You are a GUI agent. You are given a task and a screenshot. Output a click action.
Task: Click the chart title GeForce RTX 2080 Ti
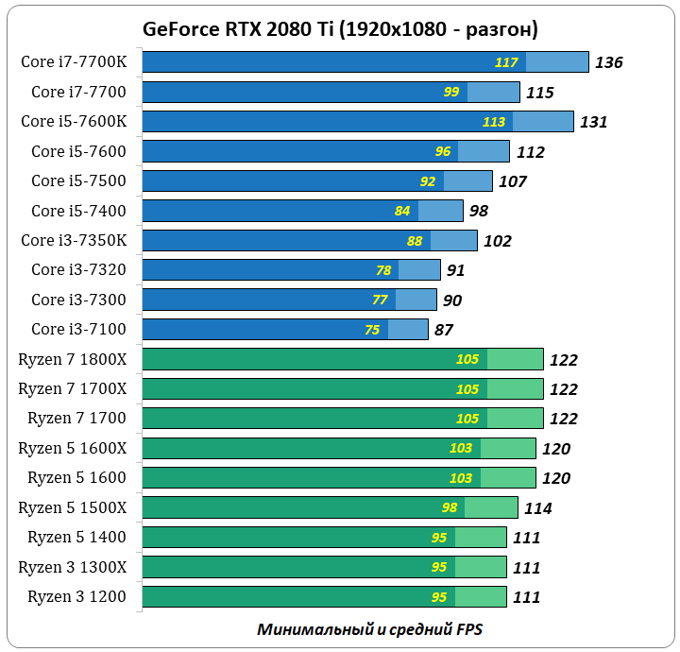(x=340, y=28)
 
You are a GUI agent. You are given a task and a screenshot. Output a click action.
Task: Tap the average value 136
(x=608, y=62)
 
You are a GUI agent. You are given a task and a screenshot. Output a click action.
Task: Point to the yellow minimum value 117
(x=506, y=62)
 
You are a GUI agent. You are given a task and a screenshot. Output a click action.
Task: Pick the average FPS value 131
(x=593, y=122)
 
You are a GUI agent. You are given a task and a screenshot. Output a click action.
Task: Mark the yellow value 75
(x=372, y=330)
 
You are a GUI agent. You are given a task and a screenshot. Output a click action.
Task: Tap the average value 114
(x=537, y=508)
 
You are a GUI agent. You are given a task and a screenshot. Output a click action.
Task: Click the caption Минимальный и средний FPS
(x=369, y=629)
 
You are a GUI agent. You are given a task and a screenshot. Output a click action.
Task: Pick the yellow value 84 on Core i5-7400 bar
(x=402, y=211)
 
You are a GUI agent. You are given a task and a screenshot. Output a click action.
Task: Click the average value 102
(x=497, y=241)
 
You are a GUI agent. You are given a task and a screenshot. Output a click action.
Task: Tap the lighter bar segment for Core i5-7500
(x=467, y=180)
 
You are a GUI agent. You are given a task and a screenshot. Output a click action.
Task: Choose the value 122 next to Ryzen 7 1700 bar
(x=563, y=420)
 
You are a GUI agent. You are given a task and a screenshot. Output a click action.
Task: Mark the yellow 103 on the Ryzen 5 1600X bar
(x=460, y=449)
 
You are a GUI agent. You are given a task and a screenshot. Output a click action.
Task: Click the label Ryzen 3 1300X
(x=78, y=567)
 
